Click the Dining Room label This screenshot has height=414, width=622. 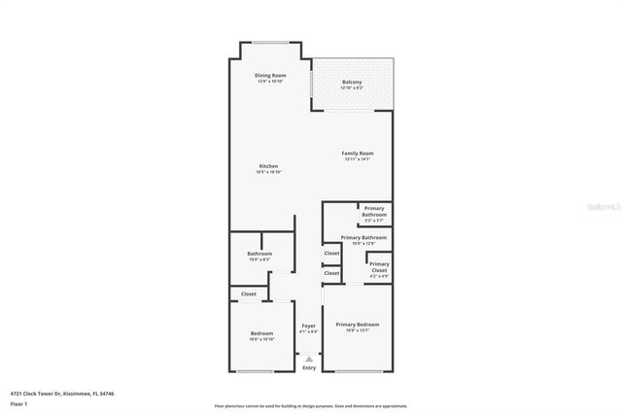pos(270,75)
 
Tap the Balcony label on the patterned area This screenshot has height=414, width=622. pos(352,82)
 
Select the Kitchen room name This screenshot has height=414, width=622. pos(268,166)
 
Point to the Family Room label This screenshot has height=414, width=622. pos(358,153)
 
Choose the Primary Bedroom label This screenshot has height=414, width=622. pos(358,324)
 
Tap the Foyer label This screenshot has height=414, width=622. pos(309,326)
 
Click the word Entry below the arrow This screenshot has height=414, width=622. pos(309,367)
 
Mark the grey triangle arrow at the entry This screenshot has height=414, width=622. pos(309,359)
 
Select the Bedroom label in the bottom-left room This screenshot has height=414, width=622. pos(261,333)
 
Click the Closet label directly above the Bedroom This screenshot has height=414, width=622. pos(249,293)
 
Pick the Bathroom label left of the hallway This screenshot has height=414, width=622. pos(259,254)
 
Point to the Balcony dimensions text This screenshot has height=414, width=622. pos(352,88)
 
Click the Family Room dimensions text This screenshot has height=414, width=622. pos(358,159)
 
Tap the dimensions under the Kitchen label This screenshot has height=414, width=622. pos(268,173)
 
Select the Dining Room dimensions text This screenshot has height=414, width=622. pos(270,82)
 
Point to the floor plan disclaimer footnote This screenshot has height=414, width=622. pos(311,405)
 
